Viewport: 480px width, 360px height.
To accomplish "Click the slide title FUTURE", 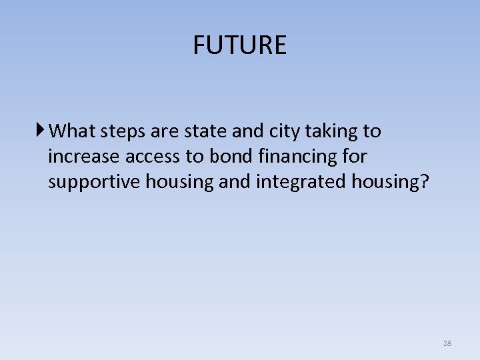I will pyautogui.click(x=239, y=45).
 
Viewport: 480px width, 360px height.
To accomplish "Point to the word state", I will pyautogui.click(x=201, y=131).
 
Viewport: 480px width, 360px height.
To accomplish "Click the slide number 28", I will pyautogui.click(x=447, y=343).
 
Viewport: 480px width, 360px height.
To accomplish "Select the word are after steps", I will pyautogui.click(x=161, y=131).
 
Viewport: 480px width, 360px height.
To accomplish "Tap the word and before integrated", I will pyautogui.click(x=237, y=181).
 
